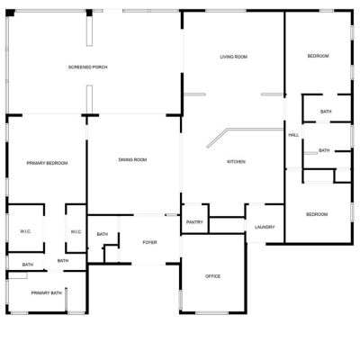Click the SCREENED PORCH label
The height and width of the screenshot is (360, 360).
tap(87, 67)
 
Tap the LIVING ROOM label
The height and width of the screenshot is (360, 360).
tap(234, 57)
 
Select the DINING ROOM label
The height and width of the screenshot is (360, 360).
tap(132, 160)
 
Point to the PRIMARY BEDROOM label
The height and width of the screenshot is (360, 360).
tap(47, 163)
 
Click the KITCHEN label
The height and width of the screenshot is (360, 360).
tap(236, 162)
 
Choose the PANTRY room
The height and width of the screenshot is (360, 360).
tap(194, 219)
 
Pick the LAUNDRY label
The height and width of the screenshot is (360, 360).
tap(265, 227)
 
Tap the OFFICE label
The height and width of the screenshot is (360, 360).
tap(212, 276)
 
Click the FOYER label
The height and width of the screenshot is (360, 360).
tap(149, 242)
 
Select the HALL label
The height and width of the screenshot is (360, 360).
tap(293, 135)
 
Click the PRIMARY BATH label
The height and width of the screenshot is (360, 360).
tap(47, 293)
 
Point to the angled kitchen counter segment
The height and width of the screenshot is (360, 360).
tap(218, 139)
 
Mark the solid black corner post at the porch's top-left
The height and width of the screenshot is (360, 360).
tap(10, 13)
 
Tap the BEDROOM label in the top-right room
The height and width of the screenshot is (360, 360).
tap(318, 56)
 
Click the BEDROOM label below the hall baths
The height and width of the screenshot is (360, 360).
tap(317, 214)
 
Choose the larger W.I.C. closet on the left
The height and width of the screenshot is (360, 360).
tap(26, 228)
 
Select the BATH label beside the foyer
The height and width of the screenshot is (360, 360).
tap(103, 234)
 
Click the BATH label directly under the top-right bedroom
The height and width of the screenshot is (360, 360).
tap(326, 112)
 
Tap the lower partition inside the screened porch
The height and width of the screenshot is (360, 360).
tap(89, 99)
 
